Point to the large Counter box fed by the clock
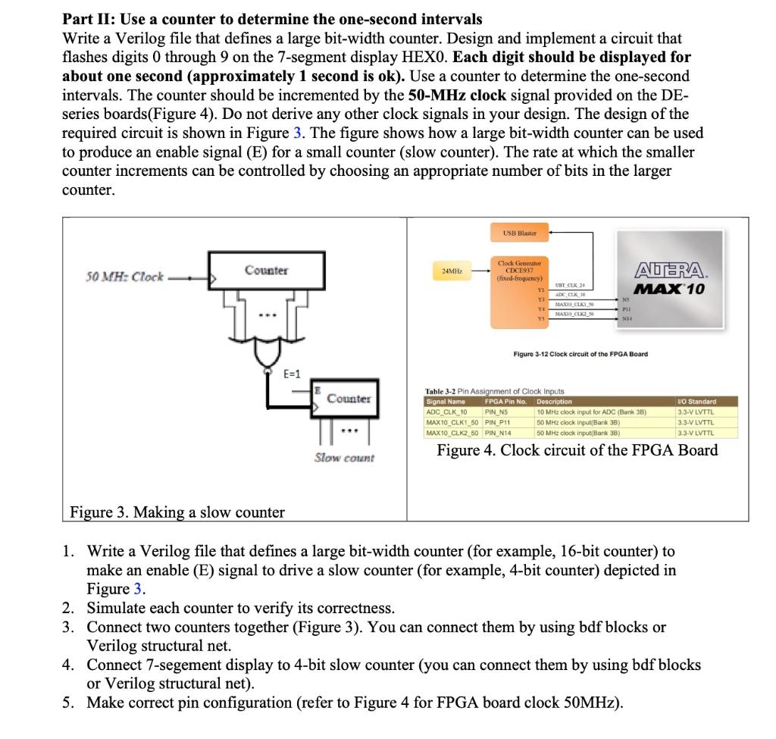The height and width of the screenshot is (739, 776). (x=265, y=271)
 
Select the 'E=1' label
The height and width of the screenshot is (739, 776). (x=292, y=374)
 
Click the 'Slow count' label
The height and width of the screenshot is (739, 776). (x=344, y=457)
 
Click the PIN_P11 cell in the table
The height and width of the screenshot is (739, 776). (x=496, y=422)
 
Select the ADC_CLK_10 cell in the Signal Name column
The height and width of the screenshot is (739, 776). (x=447, y=412)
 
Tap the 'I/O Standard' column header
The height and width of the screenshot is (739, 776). (x=696, y=402)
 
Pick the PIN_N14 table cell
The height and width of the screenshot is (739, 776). (x=497, y=432)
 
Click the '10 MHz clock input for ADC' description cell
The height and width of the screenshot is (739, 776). (x=590, y=412)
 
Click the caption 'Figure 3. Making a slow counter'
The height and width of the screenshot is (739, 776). (x=177, y=512)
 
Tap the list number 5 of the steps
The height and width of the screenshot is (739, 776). (x=68, y=701)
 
